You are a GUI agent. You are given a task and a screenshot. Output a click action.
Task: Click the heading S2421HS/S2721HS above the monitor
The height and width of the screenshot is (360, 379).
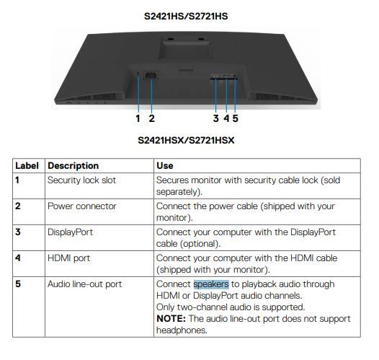pyautogui.click(x=186, y=16)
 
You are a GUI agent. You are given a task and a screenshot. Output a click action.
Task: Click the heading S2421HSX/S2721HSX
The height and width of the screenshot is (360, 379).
pyautogui.click(x=186, y=141)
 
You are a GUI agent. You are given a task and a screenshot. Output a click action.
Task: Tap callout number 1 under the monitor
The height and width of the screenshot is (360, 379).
pyautogui.click(x=138, y=118)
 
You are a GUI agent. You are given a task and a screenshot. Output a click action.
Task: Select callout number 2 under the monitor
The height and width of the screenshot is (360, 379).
pyautogui.click(x=151, y=118)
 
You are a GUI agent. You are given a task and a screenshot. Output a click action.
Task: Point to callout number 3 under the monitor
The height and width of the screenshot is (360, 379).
pyautogui.click(x=216, y=118)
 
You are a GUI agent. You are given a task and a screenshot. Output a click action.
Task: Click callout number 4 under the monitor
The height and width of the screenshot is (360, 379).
pyautogui.click(x=226, y=118)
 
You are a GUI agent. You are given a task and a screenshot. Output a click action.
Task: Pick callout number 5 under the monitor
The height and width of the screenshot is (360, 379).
pyautogui.click(x=235, y=118)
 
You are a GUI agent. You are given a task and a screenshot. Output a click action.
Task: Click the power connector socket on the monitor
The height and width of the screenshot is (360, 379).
pyautogui.click(x=151, y=76)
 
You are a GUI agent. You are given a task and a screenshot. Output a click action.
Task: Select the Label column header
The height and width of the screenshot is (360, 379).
pyautogui.click(x=27, y=166)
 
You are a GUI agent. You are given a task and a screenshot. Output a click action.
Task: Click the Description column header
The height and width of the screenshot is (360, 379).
pyautogui.click(x=73, y=166)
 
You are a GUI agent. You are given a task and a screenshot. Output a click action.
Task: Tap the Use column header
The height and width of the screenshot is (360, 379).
pyautogui.click(x=165, y=166)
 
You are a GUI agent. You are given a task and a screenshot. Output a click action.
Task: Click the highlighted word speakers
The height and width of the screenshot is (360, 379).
pyautogui.click(x=211, y=284)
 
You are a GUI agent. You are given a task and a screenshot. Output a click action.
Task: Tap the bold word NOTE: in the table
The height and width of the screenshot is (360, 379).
pyautogui.click(x=171, y=319)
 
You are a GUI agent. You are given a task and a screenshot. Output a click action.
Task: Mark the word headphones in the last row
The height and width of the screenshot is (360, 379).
pyautogui.click(x=182, y=330)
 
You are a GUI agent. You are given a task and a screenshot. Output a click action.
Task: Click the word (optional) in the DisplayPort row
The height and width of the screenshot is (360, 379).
pyautogui.click(x=200, y=244)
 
